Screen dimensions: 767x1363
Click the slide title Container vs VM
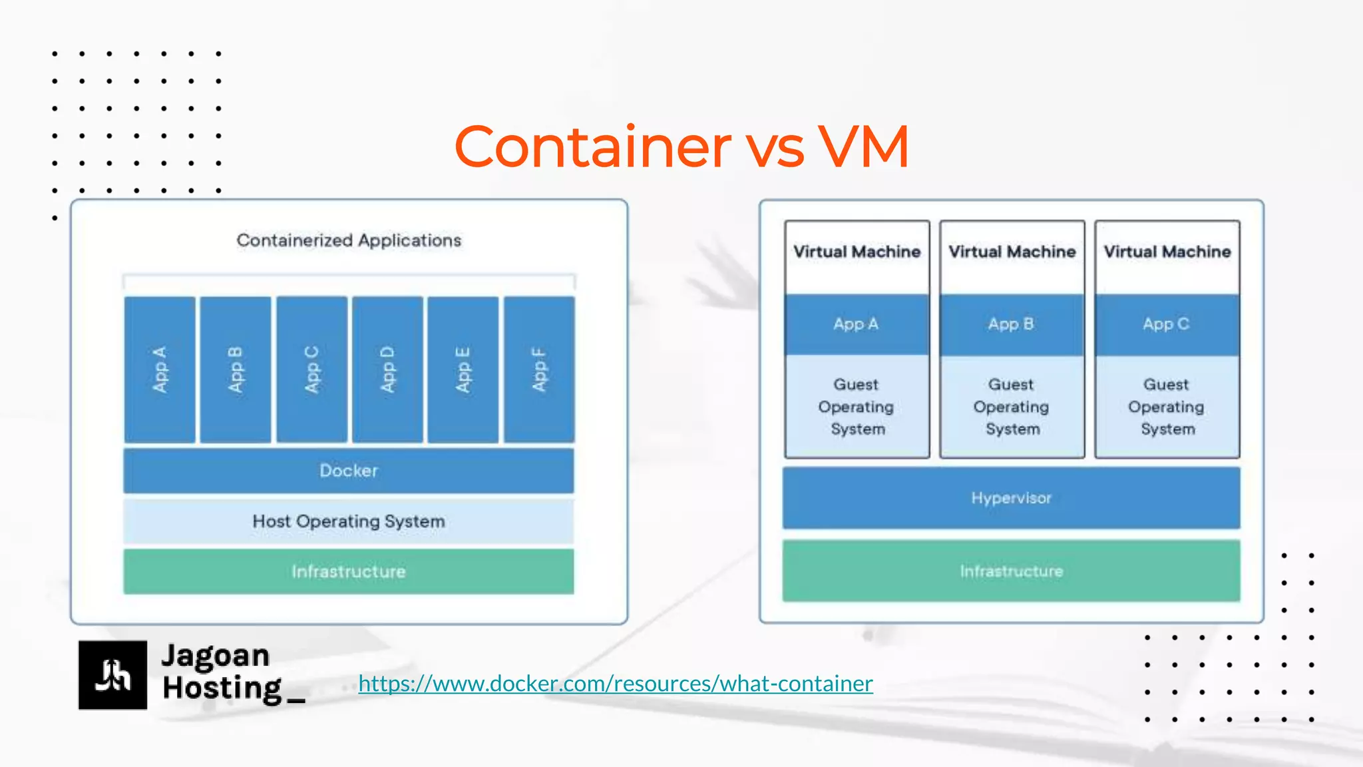coord(681,146)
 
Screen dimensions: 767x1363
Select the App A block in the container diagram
coord(160,370)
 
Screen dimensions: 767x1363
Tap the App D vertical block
coord(387,370)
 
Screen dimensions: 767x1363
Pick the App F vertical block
coord(539,370)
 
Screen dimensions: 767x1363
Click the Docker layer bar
coord(349,471)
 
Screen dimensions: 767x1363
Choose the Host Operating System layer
coord(349,521)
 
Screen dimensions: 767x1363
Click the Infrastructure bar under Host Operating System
coord(349,571)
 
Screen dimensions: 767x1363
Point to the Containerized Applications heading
coord(349,240)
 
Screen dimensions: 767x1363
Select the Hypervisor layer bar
coord(1011,498)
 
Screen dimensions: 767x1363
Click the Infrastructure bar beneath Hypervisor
coord(1011,571)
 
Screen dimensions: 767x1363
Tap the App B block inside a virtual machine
coord(1012,324)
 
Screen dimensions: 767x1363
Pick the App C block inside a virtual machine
coord(1167,324)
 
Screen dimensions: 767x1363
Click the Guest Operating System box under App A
coord(857,406)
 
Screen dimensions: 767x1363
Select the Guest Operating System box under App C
coord(1167,406)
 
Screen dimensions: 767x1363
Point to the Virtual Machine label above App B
coord(1012,252)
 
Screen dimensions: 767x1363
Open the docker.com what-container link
coord(616,684)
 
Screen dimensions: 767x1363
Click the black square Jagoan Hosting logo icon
coord(112,674)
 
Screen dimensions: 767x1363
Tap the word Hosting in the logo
coord(222,688)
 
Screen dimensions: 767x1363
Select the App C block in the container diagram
coord(311,370)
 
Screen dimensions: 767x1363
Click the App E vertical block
coord(463,370)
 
